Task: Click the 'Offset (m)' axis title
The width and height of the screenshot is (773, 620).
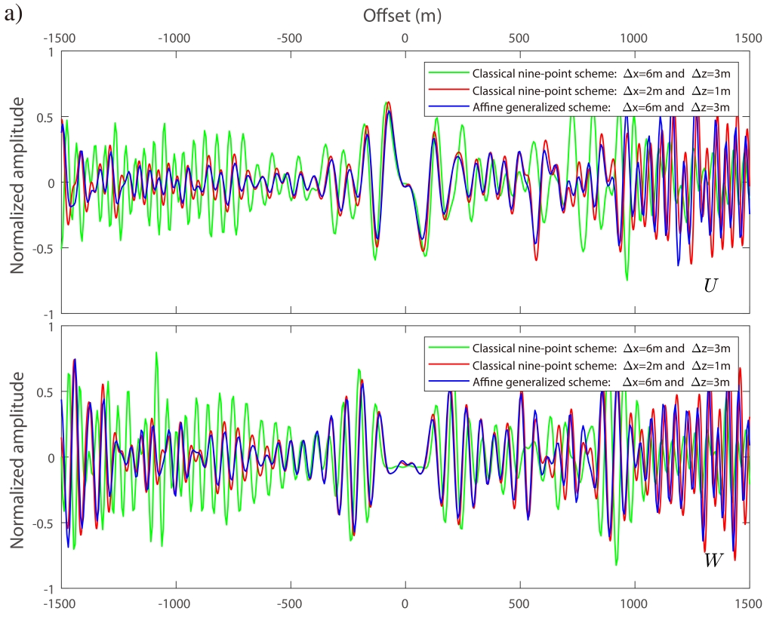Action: [x=402, y=14]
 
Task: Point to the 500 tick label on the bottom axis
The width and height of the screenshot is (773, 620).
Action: [x=519, y=604]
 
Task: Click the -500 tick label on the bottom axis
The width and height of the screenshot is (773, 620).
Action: [x=290, y=604]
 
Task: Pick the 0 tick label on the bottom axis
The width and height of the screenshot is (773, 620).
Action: [x=405, y=604]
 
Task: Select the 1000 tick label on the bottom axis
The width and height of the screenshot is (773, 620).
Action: [x=634, y=604]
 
